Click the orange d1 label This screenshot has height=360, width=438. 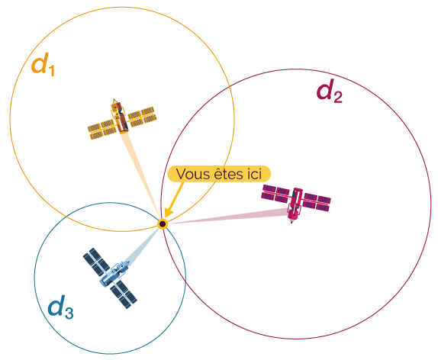point(43,65)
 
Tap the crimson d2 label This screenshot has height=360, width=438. point(330,91)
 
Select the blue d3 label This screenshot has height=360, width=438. point(60,307)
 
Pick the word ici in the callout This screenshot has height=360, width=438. point(254,174)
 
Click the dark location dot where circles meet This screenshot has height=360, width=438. point(163,223)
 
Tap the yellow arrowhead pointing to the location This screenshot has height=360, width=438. point(168,212)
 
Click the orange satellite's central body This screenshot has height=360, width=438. point(120,117)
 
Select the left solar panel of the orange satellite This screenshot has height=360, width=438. point(101,130)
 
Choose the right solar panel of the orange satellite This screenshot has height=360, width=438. point(142,117)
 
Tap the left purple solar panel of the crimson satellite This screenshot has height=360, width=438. point(276,193)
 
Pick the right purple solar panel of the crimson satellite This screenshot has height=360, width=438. point(317,202)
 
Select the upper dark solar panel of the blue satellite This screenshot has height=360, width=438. point(96,262)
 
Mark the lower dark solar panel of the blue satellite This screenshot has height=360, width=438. point(124,294)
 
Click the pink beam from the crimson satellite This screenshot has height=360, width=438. point(227,216)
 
